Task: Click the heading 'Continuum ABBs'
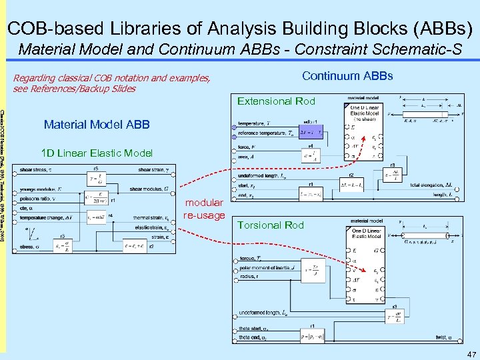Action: coord(347,76)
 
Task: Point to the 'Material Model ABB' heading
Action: coord(97,125)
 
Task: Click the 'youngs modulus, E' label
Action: coord(43,189)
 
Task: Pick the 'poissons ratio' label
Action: coord(39,199)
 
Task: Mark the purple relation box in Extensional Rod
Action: coord(309,131)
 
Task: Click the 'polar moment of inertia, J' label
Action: coord(274,268)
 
